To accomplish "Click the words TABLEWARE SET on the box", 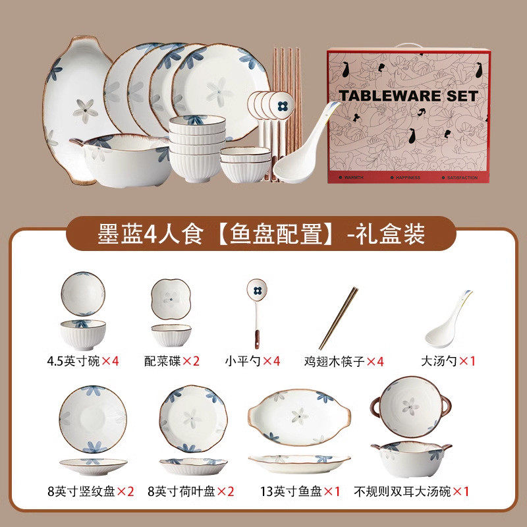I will coord(408,96).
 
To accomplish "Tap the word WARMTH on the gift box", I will coord(351,177).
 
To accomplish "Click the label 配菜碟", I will coord(163,361).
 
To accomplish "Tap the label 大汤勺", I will coord(439,361).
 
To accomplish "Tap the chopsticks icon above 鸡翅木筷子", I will coord(339,318).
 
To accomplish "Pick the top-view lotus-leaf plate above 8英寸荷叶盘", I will coord(193,418).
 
